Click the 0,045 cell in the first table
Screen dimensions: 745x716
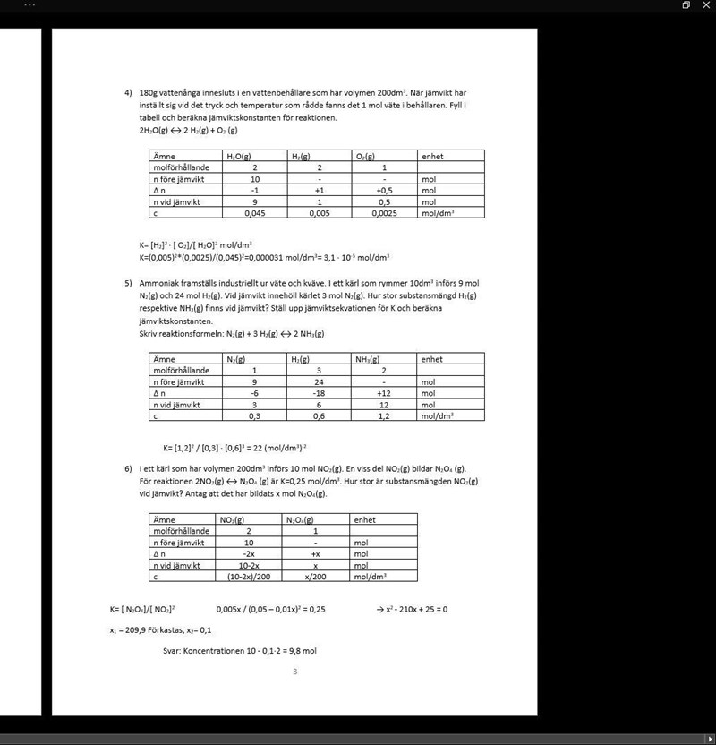255,213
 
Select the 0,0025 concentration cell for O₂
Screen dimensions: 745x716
383,213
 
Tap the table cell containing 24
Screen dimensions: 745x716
319,381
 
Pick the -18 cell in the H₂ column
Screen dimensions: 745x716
319,393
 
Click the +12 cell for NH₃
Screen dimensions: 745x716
383,393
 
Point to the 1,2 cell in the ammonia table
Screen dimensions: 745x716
383,415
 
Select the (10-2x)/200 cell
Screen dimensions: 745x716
249,577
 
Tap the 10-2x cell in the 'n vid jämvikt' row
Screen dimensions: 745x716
249,565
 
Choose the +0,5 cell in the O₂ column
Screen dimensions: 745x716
383,190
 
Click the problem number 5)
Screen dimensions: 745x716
128,282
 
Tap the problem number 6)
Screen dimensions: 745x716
128,467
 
